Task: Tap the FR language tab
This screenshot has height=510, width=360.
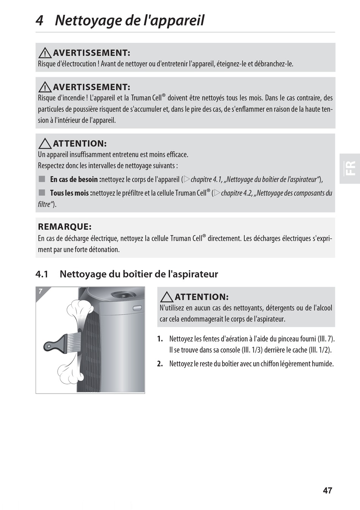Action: pyautogui.click(x=350, y=168)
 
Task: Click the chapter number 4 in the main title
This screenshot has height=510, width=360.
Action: pyautogui.click(x=39, y=20)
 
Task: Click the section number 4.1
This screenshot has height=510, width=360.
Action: pyautogui.click(x=42, y=274)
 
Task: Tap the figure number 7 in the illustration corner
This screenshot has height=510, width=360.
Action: pyautogui.click(x=41, y=291)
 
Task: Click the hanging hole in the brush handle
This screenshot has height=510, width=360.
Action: pyautogui.click(x=49, y=347)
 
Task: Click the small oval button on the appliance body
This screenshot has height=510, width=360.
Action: pyautogui.click(x=137, y=308)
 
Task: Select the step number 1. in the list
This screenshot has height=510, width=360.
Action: pyautogui.click(x=160, y=339)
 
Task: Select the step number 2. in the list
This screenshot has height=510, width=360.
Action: pyautogui.click(x=160, y=364)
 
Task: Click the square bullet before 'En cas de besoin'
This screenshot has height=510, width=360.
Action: pyautogui.click(x=42, y=179)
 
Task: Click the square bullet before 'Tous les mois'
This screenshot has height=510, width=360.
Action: pyautogui.click(x=42, y=193)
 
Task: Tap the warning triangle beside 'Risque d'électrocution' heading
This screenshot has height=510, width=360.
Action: pyautogui.click(x=45, y=53)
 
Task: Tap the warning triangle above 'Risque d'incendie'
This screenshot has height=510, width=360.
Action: pyautogui.click(x=45, y=87)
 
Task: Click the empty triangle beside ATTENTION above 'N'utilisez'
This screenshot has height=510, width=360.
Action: pyautogui.click(x=167, y=297)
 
